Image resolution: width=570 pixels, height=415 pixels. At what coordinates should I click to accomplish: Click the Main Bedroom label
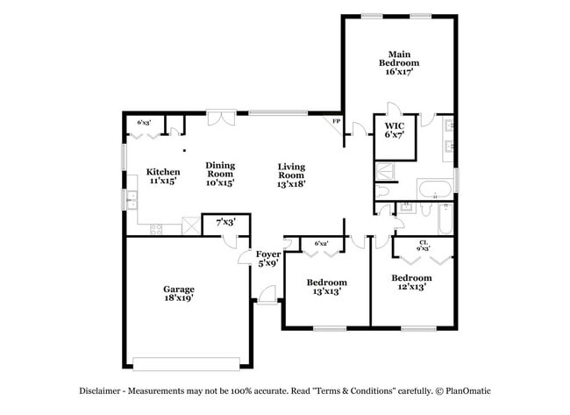coord(398,62)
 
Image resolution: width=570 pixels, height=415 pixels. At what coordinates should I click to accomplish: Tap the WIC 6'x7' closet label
coord(393,131)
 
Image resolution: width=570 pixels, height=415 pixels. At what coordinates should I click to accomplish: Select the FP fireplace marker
coord(334,121)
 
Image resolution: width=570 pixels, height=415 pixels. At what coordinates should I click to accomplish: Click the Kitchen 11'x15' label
coord(163,176)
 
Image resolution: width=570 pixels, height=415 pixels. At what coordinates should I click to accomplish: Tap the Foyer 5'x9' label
coord(267,258)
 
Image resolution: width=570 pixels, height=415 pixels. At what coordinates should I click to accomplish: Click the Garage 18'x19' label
coord(178,293)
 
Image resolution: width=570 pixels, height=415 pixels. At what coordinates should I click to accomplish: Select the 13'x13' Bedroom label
coord(326,287)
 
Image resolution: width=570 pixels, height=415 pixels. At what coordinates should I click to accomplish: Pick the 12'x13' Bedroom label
coord(412,283)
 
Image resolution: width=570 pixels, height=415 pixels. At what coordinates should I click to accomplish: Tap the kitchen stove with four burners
coord(156,229)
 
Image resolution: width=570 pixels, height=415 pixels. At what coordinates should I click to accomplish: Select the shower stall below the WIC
coord(386,170)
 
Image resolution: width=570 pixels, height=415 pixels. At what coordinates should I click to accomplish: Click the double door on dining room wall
coord(221,114)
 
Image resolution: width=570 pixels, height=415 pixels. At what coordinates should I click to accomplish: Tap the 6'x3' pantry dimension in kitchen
coord(143,122)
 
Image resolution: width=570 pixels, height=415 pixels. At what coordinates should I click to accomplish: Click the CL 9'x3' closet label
coord(423,245)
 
